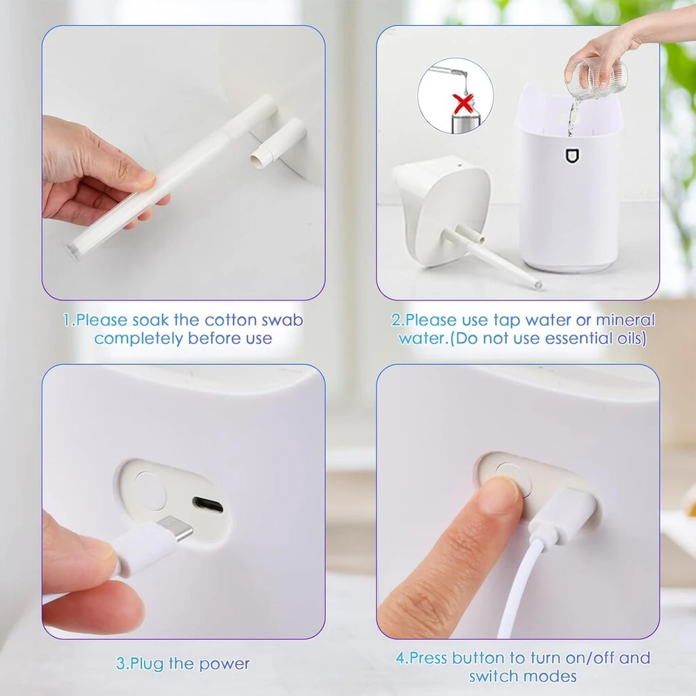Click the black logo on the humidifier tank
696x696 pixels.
tap(572, 156)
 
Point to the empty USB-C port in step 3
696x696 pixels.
tap(207, 505)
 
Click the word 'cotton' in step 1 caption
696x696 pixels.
tap(231, 320)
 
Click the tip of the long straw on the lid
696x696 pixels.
tap(539, 284)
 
